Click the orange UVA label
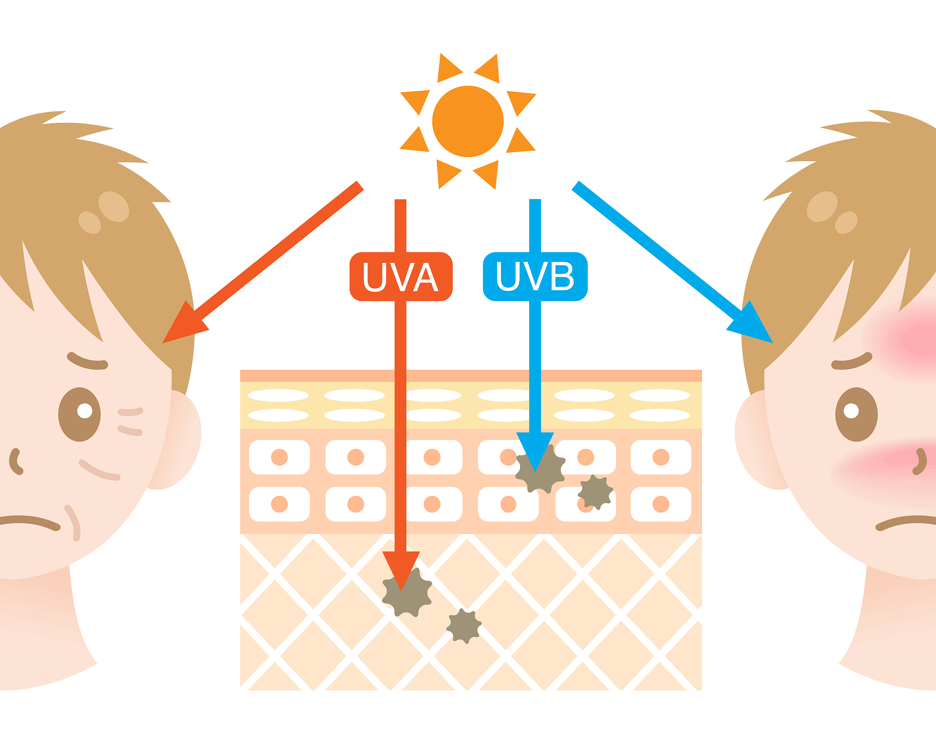(x=401, y=276)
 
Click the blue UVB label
(x=535, y=276)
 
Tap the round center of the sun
(x=468, y=121)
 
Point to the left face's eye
(x=80, y=414)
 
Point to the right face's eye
(x=856, y=414)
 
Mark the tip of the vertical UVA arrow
(x=401, y=591)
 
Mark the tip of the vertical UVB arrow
(x=535, y=473)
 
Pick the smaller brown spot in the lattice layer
(x=464, y=626)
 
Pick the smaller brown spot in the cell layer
(x=595, y=492)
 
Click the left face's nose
(x=16, y=461)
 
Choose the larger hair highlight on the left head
(x=114, y=206)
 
